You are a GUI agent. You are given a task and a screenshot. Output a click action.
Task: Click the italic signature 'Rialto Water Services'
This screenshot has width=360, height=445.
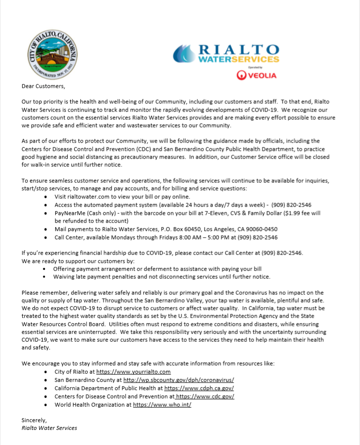(x=49, y=428)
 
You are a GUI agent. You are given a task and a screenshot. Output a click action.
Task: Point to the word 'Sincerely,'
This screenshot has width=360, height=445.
(x=34, y=420)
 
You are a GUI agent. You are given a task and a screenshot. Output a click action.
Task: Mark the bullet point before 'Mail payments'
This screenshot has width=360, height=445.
(x=45, y=229)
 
